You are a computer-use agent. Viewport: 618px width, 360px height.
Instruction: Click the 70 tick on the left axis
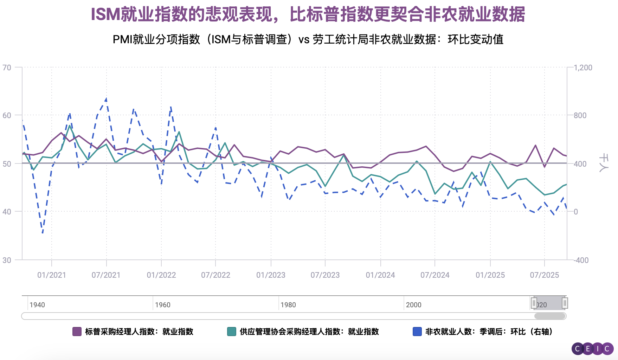pos(7,67)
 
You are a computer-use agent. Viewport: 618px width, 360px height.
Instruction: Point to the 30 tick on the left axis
pos(7,260)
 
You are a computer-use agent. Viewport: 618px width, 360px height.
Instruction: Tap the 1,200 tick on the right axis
pos(583,67)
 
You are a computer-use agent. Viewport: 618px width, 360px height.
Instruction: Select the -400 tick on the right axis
pos(581,260)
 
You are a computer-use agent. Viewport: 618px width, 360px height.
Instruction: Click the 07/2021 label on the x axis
pos(106,275)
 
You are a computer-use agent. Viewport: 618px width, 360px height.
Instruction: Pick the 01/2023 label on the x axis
pos(271,275)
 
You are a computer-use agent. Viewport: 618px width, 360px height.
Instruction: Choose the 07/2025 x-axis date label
pos(544,275)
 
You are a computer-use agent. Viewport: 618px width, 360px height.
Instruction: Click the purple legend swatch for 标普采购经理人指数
pos(77,332)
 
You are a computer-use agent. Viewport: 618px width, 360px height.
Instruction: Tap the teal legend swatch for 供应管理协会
pos(231,332)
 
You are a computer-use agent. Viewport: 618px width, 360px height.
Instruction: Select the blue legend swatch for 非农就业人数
pos(417,332)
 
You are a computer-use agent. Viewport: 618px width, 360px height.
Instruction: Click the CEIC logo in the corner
pos(592,349)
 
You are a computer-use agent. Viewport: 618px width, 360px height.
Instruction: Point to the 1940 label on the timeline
pos(37,305)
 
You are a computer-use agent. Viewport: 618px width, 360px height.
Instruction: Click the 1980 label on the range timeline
pos(288,305)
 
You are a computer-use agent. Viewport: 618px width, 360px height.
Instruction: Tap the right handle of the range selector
pos(565,303)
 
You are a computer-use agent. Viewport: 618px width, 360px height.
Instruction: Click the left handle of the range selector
pos(534,303)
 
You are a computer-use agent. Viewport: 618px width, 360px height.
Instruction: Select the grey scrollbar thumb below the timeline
pos(550,316)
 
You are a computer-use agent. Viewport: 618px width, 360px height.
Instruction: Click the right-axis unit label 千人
pos(603,163)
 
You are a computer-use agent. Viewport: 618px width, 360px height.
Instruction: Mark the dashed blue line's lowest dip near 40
pos(43,233)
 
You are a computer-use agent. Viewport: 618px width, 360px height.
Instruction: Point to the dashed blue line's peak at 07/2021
pos(106,99)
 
